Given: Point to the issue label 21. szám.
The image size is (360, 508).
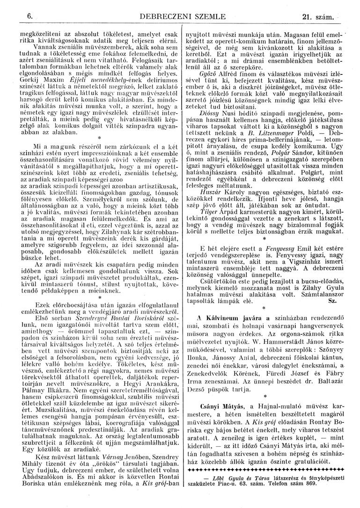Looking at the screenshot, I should pos(317,18).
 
